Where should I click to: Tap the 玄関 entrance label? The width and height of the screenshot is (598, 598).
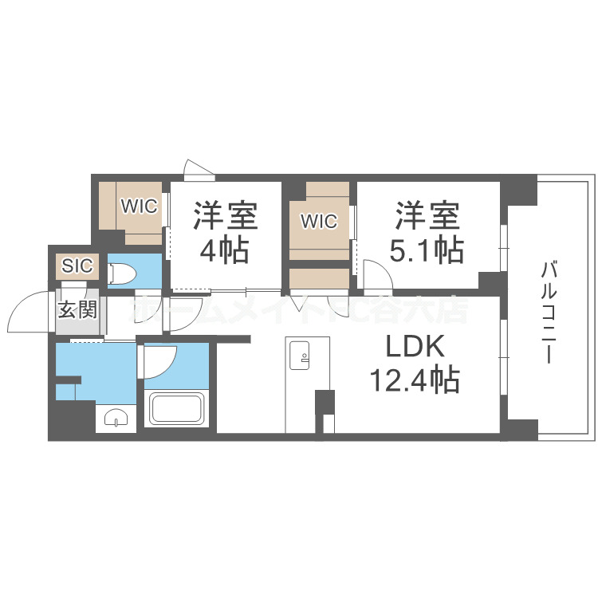pos(78,309)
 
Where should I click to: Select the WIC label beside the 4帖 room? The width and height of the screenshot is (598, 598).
pos(139,206)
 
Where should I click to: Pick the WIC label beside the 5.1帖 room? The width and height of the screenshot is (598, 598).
pos(318,221)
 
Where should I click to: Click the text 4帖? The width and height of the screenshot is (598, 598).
pos(223,250)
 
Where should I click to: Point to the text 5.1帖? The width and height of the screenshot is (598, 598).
pos(427,250)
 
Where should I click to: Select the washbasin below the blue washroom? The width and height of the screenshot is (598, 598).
pos(116,418)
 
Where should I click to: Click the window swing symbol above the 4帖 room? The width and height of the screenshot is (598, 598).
pos(199,167)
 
